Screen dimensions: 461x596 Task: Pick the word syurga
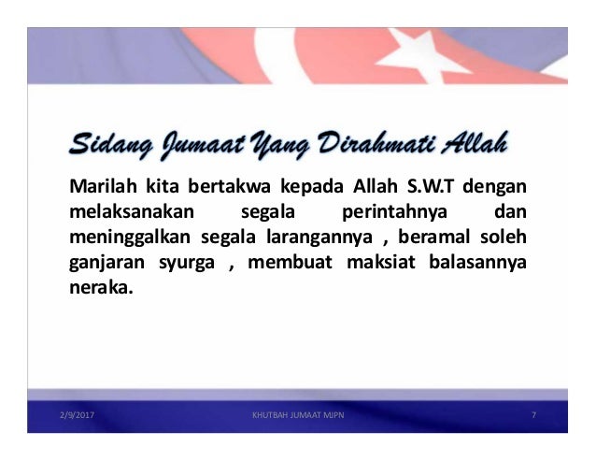tap(188, 259)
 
